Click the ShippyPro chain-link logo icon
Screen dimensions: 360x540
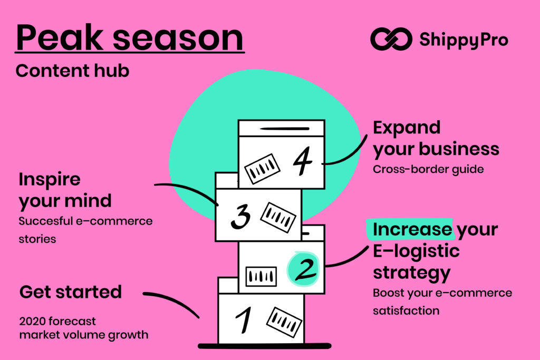click(391, 39)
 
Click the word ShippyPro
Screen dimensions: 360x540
click(464, 39)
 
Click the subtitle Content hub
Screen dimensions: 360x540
click(72, 71)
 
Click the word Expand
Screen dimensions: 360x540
click(407, 128)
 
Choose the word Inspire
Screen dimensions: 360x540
click(50, 179)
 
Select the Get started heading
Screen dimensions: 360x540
click(71, 291)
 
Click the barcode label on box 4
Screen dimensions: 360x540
click(262, 168)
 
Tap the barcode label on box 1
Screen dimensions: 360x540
click(284, 322)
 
